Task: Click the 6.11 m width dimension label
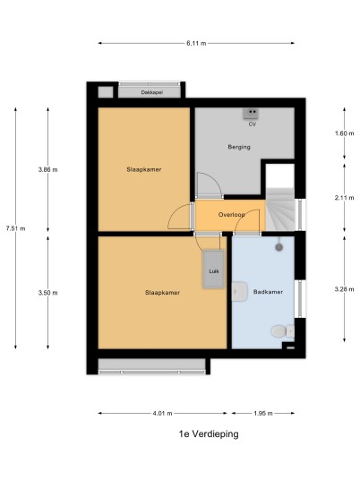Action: click(196, 43)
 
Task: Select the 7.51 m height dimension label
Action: click(15, 228)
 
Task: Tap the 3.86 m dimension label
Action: click(47, 169)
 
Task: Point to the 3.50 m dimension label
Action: click(47, 293)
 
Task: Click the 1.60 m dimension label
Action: click(345, 133)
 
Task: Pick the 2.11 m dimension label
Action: click(345, 198)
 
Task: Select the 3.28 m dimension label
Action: click(345, 289)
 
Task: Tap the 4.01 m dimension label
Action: click(162, 413)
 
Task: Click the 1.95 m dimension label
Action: click(263, 413)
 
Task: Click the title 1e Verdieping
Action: click(209, 434)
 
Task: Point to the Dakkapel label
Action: click(152, 92)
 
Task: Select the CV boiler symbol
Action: click(251, 114)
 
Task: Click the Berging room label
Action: click(239, 147)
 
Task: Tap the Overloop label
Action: click(232, 215)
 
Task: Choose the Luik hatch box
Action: click(213, 270)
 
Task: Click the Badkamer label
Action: click(268, 292)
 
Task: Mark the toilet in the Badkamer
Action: click(282, 331)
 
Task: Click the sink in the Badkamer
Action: click(239, 291)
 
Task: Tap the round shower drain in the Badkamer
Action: click(279, 247)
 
